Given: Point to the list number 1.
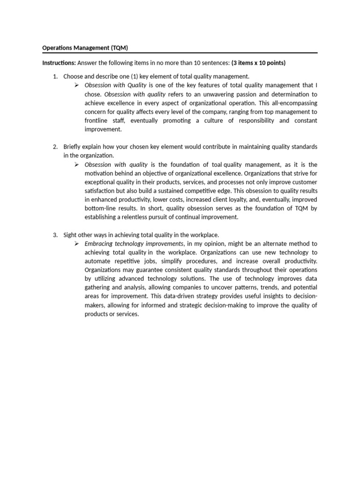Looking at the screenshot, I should click(x=55, y=76).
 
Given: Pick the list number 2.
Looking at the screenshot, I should click(x=55, y=147).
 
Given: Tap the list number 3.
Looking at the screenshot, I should click(x=55, y=235).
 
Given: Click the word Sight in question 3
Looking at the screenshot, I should click(x=71, y=235).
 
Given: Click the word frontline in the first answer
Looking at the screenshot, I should click(x=97, y=120).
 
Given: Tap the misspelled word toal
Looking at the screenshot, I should click(x=217, y=165).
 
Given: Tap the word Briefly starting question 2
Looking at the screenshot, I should click(x=74, y=147).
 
